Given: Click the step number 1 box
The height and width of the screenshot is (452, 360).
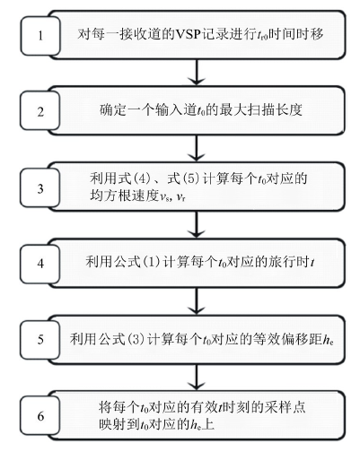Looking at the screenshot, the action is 40,36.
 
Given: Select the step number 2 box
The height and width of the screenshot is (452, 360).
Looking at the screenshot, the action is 40,111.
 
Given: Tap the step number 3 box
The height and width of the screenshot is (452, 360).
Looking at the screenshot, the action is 40,187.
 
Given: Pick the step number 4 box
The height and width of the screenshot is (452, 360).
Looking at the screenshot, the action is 40,264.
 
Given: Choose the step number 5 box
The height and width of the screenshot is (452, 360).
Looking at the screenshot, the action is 40,340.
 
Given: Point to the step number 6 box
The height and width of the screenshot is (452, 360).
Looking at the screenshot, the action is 40,416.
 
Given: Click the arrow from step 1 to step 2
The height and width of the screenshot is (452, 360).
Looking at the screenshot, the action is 197,72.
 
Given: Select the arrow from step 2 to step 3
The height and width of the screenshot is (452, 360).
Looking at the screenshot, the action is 197,148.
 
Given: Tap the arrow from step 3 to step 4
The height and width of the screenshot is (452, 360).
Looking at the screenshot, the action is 197,224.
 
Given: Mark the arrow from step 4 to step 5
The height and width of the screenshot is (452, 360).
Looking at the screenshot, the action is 197,301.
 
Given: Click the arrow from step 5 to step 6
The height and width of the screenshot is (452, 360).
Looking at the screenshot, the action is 197,378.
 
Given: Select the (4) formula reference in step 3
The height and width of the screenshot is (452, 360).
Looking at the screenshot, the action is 141,179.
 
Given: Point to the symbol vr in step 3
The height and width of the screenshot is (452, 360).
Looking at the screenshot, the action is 180,197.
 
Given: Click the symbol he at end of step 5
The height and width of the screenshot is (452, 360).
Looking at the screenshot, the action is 329,340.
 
